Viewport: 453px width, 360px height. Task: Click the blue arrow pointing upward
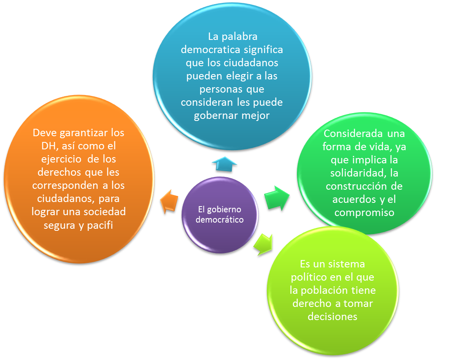tap(224, 164)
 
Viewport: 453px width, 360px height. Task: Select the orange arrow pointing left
tap(169, 201)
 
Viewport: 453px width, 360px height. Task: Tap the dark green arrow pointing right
tap(277, 197)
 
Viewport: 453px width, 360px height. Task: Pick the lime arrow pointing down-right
tap(264, 244)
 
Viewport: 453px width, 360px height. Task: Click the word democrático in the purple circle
tap(219, 220)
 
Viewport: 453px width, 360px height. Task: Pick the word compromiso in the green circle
tap(365, 213)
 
